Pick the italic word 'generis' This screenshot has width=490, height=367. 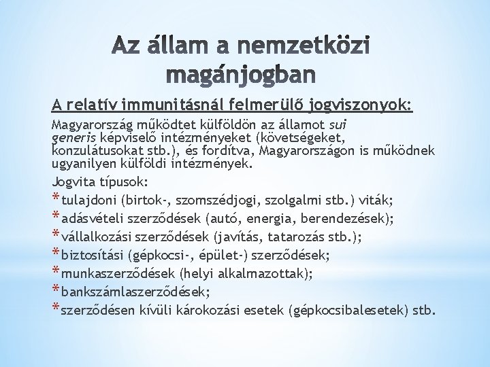(73, 136)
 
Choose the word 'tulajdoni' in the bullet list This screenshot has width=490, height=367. (88, 200)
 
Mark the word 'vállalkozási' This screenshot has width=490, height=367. (97, 237)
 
